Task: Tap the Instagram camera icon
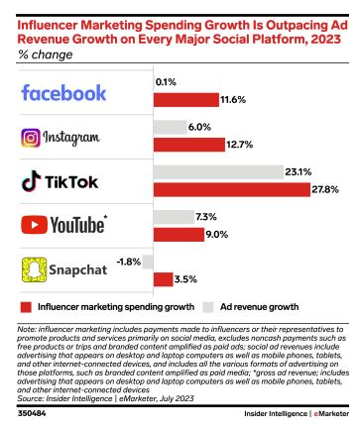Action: point(34,139)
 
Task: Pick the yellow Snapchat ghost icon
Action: point(33,269)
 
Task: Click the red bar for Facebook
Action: point(186,100)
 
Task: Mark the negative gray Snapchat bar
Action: point(147,263)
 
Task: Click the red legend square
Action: point(26,306)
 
